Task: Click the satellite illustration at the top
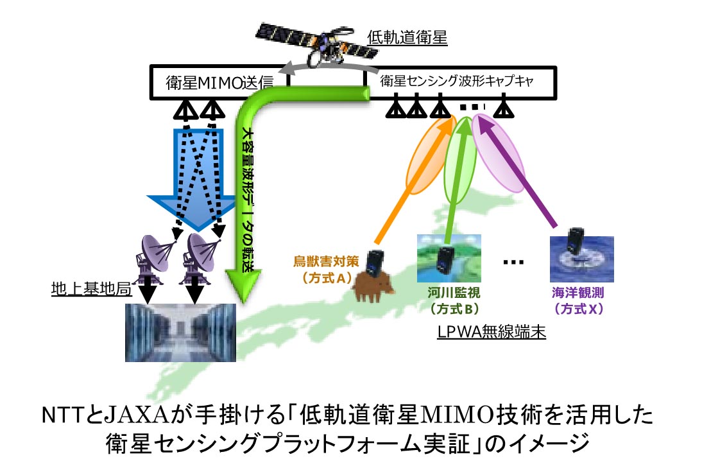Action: point(316,44)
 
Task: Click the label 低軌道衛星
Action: point(407,38)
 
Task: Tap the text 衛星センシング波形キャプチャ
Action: point(457,81)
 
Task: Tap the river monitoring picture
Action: point(449,259)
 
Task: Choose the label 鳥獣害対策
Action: point(326,261)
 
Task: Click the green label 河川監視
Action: point(454,293)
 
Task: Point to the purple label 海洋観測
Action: point(578,293)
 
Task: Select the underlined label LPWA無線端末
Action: point(492,332)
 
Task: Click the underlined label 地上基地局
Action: point(91,289)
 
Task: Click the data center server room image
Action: point(180,333)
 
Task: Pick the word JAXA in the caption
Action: point(137,415)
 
